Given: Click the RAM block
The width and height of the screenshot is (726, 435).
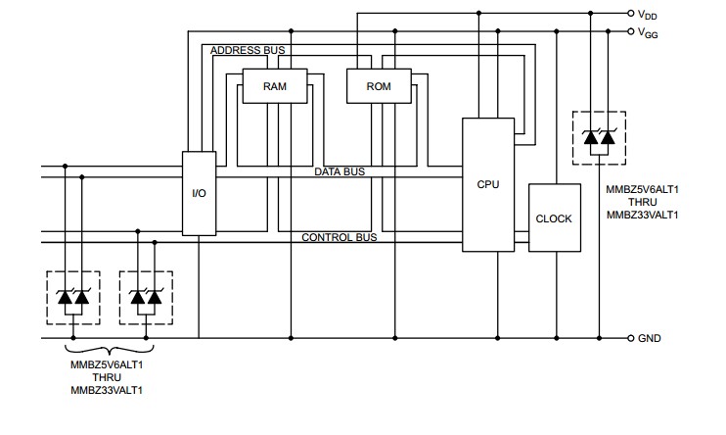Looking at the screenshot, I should click(x=274, y=86).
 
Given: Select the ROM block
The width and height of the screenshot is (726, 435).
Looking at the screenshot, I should click(x=379, y=86).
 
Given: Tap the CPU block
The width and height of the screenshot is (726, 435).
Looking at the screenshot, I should click(x=487, y=184).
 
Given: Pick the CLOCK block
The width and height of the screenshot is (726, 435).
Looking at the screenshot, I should click(x=554, y=218).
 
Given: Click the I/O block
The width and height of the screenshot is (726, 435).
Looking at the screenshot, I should click(x=199, y=194).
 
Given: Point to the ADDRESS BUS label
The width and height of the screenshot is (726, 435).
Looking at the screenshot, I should click(x=248, y=50).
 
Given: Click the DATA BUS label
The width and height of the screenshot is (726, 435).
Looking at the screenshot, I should click(x=340, y=171).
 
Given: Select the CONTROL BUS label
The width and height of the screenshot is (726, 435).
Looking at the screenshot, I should click(x=339, y=237).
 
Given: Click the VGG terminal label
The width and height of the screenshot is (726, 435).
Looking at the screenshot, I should click(x=648, y=32).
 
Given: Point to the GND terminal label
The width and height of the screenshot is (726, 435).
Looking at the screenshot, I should click(x=649, y=339).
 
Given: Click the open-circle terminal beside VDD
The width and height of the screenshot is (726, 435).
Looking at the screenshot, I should click(x=630, y=14).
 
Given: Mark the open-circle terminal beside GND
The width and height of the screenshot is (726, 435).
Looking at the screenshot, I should click(x=630, y=339).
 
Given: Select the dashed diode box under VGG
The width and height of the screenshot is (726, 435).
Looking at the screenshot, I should click(x=599, y=141).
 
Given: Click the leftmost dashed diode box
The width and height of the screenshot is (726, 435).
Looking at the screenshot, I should click(x=73, y=297).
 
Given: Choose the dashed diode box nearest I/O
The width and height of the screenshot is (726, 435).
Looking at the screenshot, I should click(x=145, y=297).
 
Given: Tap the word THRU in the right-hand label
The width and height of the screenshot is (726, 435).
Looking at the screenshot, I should click(x=642, y=201).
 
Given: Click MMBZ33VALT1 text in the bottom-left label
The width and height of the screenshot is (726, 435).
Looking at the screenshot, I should click(x=108, y=390).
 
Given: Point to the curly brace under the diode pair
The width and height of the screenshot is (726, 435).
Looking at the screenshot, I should click(x=108, y=350).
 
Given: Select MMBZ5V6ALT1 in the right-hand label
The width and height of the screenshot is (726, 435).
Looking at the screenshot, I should click(x=642, y=188).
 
